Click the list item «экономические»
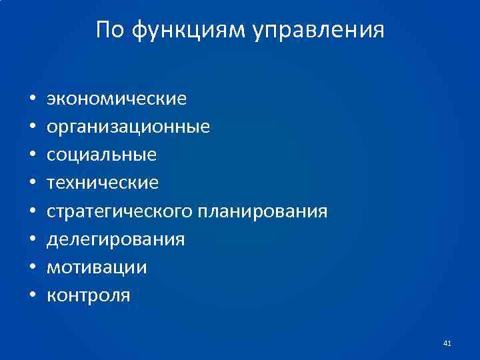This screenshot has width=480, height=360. [117, 99]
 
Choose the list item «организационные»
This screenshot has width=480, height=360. [128, 127]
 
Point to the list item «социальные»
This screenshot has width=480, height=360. [101, 155]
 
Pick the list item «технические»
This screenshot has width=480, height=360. [103, 183]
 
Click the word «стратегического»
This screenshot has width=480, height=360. [120, 211]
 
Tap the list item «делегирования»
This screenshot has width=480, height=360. [115, 239]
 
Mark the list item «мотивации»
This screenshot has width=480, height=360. [97, 267]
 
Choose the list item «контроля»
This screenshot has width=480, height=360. [89, 295]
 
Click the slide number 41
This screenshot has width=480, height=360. [447, 343]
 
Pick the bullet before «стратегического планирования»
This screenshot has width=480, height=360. [32, 212]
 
